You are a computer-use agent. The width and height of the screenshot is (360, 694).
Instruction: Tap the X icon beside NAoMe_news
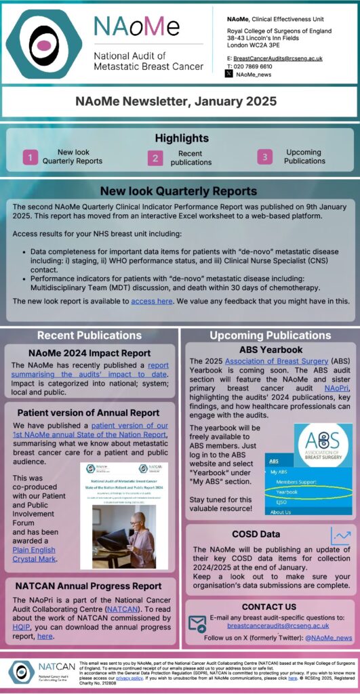point(229,74)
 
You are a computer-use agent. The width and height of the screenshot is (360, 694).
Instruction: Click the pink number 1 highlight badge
point(30,157)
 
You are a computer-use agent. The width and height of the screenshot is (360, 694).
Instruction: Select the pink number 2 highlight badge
point(156,157)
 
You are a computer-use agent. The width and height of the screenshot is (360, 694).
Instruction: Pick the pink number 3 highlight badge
point(264,157)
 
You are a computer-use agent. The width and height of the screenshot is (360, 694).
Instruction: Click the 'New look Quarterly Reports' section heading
point(179,191)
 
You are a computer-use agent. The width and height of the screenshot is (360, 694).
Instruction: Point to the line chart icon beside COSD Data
point(340,537)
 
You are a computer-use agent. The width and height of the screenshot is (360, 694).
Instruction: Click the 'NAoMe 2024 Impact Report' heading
point(89,353)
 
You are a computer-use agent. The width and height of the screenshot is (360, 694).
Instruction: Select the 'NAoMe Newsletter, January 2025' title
point(179,102)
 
